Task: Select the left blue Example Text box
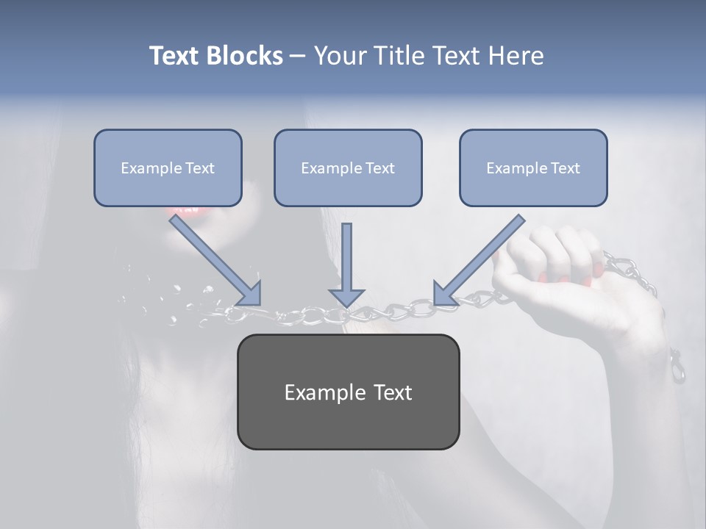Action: (168, 168)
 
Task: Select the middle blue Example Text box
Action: (348, 168)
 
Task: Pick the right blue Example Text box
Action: (533, 168)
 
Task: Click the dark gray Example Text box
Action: (348, 392)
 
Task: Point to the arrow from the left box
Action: (213, 259)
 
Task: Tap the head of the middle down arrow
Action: (347, 297)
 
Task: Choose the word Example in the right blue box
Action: (513, 168)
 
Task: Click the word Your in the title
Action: (340, 56)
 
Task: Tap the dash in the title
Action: (297, 57)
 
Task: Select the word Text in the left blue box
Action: (200, 168)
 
